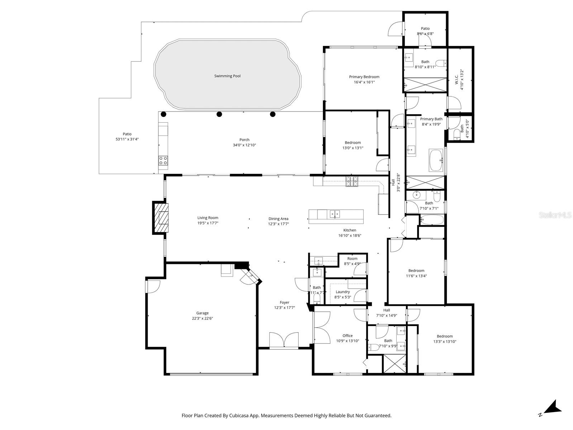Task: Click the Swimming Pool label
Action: [227, 76]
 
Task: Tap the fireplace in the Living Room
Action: [161, 218]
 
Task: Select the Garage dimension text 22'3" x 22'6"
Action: [202, 318]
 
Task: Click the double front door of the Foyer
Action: [284, 340]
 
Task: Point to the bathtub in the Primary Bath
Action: [436, 160]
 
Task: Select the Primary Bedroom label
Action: [364, 77]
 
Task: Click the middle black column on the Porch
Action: [219, 114]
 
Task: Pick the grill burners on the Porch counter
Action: [163, 160]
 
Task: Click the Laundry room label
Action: [343, 292]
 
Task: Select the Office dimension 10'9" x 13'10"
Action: [347, 341]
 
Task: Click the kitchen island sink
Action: [334, 214]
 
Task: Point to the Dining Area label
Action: [278, 219]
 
